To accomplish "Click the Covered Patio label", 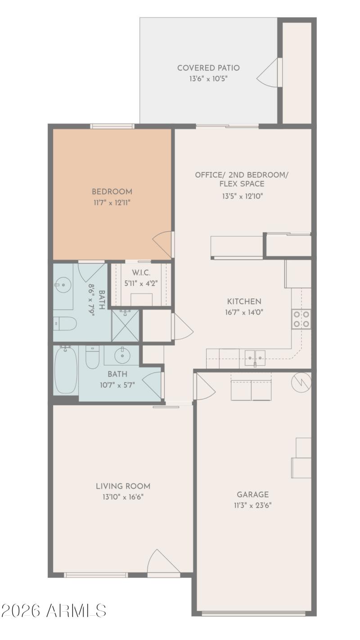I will pyautogui.click(x=208, y=68).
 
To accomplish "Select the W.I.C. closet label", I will pyautogui.click(x=141, y=273).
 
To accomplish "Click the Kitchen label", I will pyautogui.click(x=244, y=302).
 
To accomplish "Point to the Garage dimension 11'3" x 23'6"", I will pyautogui.click(x=252, y=505).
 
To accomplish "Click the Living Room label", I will pyautogui.click(x=123, y=486).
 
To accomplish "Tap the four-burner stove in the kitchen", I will pyautogui.click(x=301, y=319).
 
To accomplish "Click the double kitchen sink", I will pyautogui.click(x=255, y=358).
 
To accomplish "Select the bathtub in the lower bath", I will pyautogui.click(x=66, y=370).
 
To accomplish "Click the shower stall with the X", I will pyautogui.click(x=125, y=325).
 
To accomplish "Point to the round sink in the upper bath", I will pyautogui.click(x=63, y=285).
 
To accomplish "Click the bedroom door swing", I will pyautogui.click(x=163, y=244).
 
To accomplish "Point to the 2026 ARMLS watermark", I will pyautogui.click(x=54, y=611).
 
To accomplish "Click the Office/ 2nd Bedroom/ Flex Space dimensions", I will pyautogui.click(x=242, y=196).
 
